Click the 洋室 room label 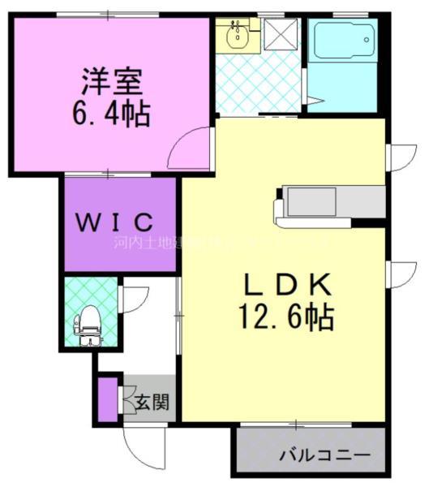111,81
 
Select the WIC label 115,221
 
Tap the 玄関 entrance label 152,401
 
